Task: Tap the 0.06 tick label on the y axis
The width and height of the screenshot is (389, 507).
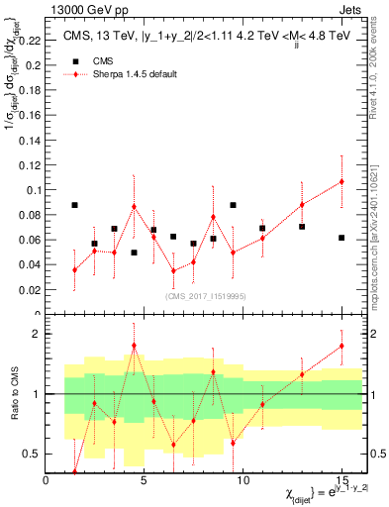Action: pos(32,240)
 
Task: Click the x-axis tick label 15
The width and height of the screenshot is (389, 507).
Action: pos(341,481)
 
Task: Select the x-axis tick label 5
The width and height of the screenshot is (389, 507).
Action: pos(145,481)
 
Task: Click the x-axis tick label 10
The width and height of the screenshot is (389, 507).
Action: pos(243,481)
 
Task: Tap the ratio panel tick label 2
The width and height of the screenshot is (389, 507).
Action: pos(38,334)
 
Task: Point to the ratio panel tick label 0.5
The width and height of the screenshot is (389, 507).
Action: pos(33,455)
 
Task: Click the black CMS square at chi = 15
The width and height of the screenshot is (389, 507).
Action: pos(341,238)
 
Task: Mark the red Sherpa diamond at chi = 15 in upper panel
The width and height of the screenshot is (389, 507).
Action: pos(341,181)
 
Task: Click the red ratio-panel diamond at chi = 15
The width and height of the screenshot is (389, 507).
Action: pos(341,346)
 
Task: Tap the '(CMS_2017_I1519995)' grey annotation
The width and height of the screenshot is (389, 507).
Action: pos(205,294)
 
